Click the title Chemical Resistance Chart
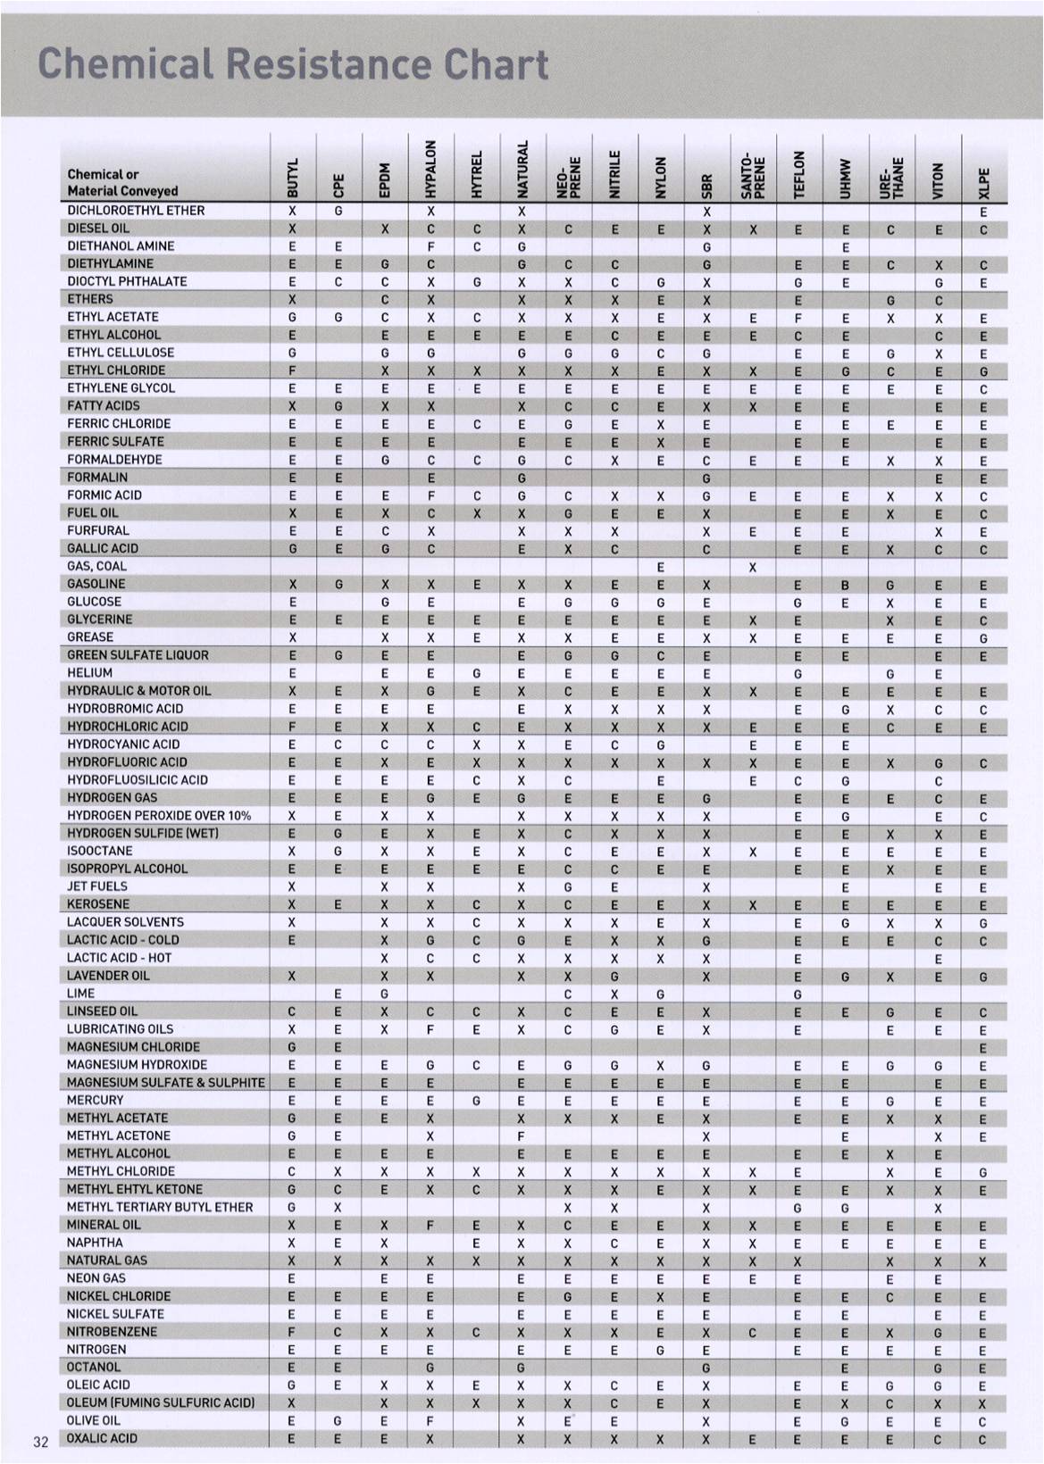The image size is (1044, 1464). pos(293,64)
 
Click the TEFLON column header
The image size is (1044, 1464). pos(799,171)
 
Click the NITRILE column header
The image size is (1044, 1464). pos(614,171)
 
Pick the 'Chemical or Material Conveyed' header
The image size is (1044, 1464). pos(122,182)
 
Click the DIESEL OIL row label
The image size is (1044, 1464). pos(98,228)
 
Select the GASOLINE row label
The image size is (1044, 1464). pos(96,584)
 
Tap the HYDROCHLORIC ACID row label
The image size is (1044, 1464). pos(128,727)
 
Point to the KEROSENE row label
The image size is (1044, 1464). pos(98,904)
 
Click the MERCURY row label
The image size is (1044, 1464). pos(96,1100)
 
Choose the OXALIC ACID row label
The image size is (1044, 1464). pos(103,1438)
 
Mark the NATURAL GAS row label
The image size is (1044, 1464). pos(107,1260)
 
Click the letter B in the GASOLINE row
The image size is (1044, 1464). pos(845,585)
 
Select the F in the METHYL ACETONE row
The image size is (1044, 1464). pos(522,1136)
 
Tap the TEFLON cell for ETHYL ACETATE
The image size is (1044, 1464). pos(798,317)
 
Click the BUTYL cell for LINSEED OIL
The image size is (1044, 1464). pos(292,1012)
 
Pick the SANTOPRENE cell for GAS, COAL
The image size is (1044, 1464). pos(753,567)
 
